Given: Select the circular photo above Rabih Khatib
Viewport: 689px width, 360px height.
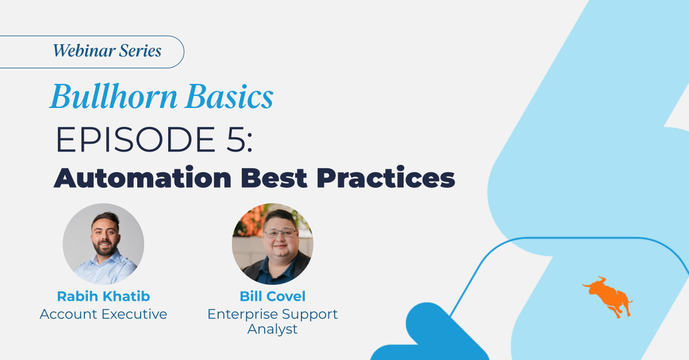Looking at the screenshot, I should coord(103,244).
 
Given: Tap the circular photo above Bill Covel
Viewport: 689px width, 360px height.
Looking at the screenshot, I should coord(273,244).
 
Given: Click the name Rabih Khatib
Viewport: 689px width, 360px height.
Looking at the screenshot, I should coord(103,296).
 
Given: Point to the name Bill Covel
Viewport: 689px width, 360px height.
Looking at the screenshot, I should coord(273,296).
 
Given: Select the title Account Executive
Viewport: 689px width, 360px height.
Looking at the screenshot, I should coord(103,314).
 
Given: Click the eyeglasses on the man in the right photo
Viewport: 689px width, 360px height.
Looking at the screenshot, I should coord(280,233).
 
